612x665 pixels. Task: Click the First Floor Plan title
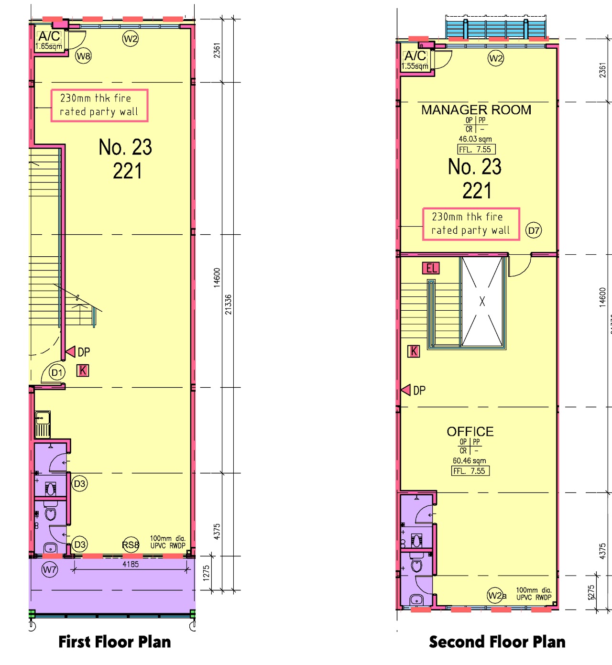coord(114,642)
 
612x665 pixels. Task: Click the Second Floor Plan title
coord(497,642)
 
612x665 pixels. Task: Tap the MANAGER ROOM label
coord(476,110)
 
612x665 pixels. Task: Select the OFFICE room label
coord(470,432)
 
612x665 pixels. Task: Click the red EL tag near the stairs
coord(431,268)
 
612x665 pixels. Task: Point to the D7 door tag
coord(534,230)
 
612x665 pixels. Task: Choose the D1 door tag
coord(57,372)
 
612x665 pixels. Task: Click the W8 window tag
coord(83,56)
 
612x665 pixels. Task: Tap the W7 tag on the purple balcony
coord(50,569)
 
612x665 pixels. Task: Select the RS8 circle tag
coord(131,545)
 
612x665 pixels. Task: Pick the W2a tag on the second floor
coord(496,595)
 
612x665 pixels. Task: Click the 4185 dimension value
coord(131,564)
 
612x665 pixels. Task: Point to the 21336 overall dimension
coord(229,304)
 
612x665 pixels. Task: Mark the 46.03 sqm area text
coord(475,139)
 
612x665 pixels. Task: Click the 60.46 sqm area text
coord(470,461)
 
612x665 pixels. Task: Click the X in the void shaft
coord(482,302)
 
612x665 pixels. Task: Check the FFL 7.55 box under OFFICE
coord(470,471)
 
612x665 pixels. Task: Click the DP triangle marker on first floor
coord(71,352)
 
